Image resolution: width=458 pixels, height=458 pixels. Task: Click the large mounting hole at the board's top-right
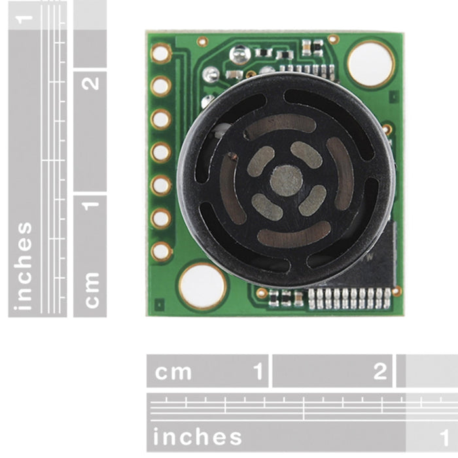[x=371, y=63]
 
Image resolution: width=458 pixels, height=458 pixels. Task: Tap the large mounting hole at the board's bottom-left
[x=203, y=286]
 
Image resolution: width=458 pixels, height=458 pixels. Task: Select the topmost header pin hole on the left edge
[x=161, y=53]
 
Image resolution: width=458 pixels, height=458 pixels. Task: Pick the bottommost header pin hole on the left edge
[x=161, y=251]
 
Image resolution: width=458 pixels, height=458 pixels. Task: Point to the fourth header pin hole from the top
[x=161, y=152]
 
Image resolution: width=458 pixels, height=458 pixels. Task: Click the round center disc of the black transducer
[x=286, y=181]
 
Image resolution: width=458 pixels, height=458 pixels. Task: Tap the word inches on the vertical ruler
[x=24, y=266]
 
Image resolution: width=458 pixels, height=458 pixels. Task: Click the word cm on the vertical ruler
[x=91, y=289]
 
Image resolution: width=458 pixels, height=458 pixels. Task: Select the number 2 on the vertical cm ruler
[x=92, y=83]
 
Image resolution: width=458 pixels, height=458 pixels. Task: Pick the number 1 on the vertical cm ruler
[x=91, y=203]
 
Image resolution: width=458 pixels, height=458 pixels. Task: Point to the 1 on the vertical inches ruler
[x=25, y=16]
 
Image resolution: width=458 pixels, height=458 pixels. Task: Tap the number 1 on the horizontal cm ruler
[x=259, y=372]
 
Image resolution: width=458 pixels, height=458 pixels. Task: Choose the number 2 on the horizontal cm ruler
[x=380, y=372]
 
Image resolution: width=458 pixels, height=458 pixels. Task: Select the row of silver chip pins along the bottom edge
[x=349, y=298]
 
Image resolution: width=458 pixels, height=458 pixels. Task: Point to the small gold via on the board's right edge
[x=388, y=129]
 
